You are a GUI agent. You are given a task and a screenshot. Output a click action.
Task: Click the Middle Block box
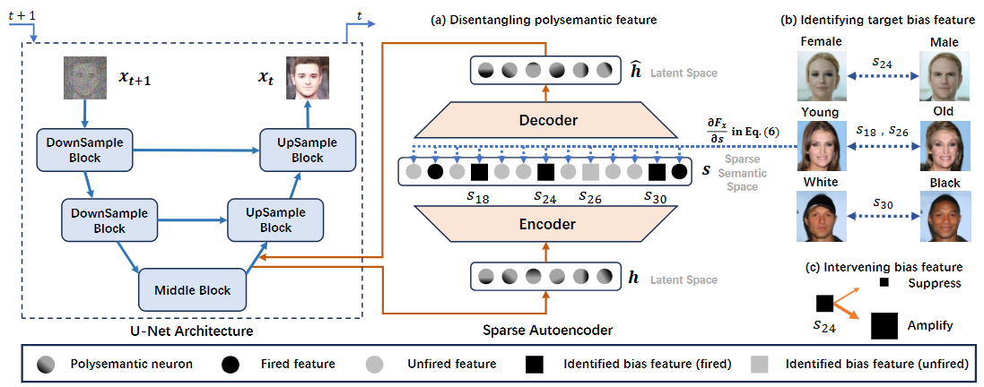(191, 289)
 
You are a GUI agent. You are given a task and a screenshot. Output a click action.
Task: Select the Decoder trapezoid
(547, 119)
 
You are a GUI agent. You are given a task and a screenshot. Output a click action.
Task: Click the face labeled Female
(822, 76)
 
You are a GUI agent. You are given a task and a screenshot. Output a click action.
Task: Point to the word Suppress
(935, 283)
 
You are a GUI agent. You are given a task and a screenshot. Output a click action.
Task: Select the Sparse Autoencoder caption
(548, 330)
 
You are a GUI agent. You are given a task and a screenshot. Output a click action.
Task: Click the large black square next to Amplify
(887, 326)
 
